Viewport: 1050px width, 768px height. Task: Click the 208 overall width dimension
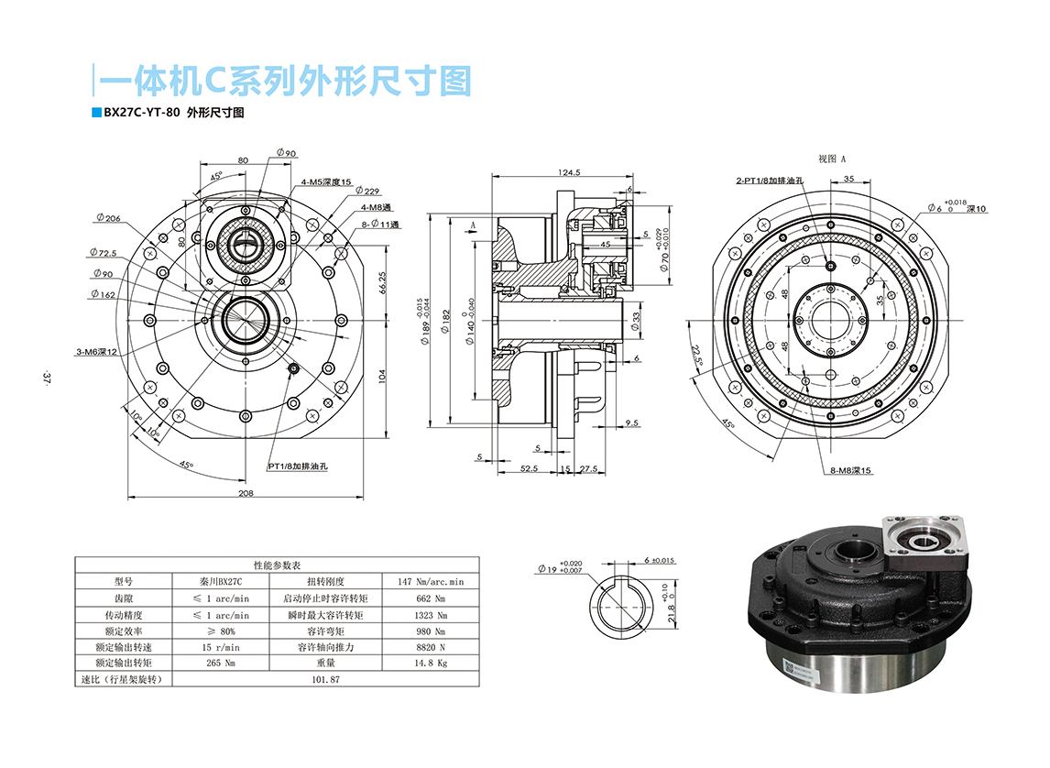click(246, 492)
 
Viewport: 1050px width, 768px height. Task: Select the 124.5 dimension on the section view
click(570, 172)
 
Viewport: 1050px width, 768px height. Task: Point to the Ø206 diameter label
click(107, 218)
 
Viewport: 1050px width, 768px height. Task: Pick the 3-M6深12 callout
click(96, 352)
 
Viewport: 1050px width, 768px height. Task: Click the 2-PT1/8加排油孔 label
click(770, 181)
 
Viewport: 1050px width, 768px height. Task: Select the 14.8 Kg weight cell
click(430, 663)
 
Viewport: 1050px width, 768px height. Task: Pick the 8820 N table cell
click(430, 646)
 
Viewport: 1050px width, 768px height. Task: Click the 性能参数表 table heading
click(277, 565)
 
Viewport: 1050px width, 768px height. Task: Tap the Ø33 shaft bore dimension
click(636, 320)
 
